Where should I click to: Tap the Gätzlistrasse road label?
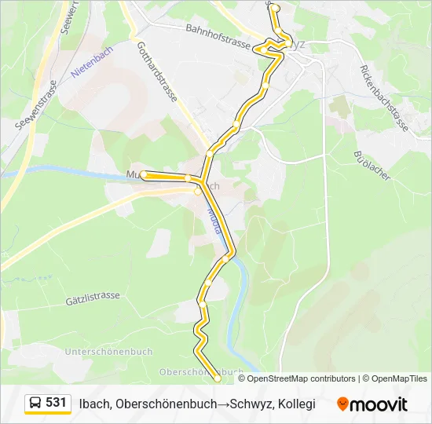(93, 297)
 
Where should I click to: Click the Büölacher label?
(372, 166)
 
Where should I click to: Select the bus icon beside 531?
(35, 404)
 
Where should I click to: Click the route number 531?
(56, 403)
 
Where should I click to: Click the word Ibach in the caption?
(94, 404)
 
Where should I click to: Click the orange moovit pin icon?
(342, 404)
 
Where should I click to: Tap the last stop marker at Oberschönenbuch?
(218, 378)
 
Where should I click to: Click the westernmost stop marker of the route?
(144, 175)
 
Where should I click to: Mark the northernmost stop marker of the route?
(275, 8)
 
